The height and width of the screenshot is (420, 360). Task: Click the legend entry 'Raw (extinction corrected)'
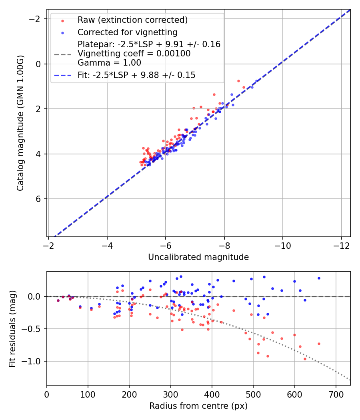tap(132, 20)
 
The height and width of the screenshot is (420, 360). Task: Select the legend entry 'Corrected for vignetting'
tap(127, 32)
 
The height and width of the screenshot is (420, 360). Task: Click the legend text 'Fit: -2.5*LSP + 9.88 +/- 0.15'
tap(136, 75)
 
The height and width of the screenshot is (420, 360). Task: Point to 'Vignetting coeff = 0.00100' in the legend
tap(134, 54)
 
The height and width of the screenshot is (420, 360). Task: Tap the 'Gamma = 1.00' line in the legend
tap(109, 62)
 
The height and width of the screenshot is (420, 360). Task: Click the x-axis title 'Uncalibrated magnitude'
tap(198, 257)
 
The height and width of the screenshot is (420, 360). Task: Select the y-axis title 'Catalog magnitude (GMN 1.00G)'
tap(20, 123)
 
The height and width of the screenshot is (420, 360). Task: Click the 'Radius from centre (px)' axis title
tap(198, 406)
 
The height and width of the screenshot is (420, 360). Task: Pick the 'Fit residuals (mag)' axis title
tap(12, 328)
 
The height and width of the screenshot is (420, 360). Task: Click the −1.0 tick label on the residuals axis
tap(34, 361)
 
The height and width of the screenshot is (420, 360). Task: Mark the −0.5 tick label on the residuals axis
tap(34, 329)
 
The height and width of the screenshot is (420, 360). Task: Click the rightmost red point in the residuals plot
tap(319, 344)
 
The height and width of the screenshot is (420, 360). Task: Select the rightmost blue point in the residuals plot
tap(319, 278)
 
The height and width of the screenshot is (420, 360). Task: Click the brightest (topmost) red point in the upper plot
tap(238, 81)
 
